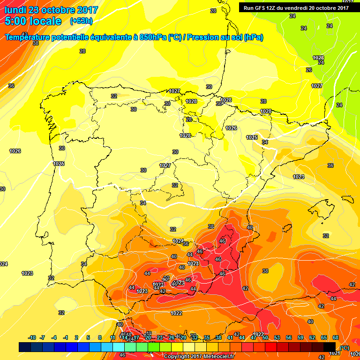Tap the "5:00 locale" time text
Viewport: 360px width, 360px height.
pyautogui.click(x=33, y=21)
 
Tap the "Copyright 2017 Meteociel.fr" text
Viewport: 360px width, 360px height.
pyautogui.click(x=199, y=356)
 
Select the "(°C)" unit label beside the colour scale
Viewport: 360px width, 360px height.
pyautogui.click(x=345, y=348)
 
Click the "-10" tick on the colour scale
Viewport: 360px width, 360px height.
pyautogui.click(x=32, y=337)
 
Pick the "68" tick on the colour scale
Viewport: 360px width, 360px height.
pyautogui.click(x=336, y=337)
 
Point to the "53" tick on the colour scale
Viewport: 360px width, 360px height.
pyautogui.click(x=277, y=337)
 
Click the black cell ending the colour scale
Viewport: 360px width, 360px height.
pyautogui.click(x=330, y=347)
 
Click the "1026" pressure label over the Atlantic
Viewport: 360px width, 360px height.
pyautogui.click(x=15, y=151)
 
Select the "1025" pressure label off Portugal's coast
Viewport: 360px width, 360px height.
pyautogui.click(x=59, y=164)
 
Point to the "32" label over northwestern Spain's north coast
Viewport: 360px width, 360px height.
pyautogui.click(x=114, y=96)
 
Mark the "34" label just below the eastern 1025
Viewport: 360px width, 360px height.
pyautogui.click(x=265, y=142)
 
